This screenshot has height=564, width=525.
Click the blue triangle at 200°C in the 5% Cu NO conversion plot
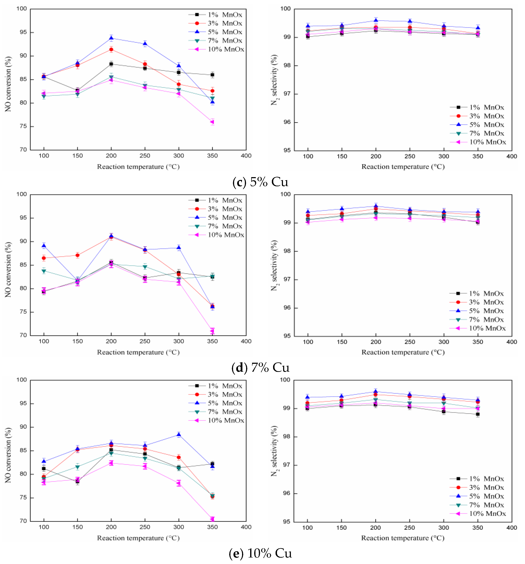(x=111, y=38)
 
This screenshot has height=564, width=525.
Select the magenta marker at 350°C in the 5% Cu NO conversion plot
(x=212, y=122)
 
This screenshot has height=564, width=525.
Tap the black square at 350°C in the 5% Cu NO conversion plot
(x=212, y=75)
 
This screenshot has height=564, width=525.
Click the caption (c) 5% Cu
(x=260, y=182)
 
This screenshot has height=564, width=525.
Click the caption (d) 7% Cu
(x=260, y=368)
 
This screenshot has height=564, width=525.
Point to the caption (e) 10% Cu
(x=260, y=553)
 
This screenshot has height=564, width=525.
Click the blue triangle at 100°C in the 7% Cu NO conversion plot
(x=44, y=246)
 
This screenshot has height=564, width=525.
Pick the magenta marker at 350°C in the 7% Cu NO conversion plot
(x=212, y=331)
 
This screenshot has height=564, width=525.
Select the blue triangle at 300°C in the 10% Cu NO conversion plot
(x=179, y=435)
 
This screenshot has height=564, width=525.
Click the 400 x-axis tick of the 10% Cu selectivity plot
(x=511, y=528)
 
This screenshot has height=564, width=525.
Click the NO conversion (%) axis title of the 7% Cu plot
(x=8, y=270)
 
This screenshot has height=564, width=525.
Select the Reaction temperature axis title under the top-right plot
(x=403, y=167)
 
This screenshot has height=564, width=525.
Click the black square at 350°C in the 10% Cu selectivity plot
(x=478, y=415)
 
